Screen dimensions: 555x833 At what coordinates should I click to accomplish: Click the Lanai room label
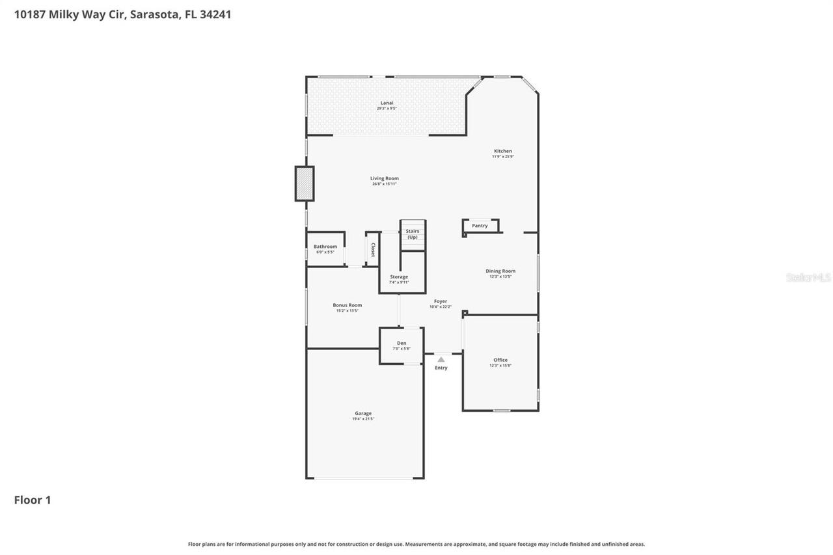point(387,103)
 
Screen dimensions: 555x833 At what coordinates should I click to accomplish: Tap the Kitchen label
point(502,152)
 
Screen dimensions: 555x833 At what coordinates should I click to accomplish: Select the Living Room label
point(385,178)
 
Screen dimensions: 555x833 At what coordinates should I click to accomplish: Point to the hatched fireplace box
point(304,183)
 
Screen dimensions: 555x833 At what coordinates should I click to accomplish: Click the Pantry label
point(480,226)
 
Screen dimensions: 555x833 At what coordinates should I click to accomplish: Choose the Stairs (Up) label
point(413,234)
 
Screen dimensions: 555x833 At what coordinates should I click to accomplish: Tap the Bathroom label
point(325,247)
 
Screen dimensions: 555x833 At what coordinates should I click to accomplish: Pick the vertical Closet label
point(373,250)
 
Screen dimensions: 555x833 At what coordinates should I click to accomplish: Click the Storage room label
point(399,277)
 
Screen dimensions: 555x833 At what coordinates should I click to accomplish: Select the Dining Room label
point(500,271)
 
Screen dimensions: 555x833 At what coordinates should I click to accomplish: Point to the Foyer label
point(441,301)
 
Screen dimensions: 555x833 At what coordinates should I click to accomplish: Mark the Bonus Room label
point(347,305)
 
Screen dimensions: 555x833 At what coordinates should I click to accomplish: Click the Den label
point(402,343)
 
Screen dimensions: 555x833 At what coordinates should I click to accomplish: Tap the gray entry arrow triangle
point(441,359)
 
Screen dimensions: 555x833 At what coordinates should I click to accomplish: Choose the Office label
point(500,360)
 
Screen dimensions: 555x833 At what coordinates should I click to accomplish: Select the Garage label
point(363,413)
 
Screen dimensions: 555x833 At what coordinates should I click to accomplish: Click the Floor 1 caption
point(33,500)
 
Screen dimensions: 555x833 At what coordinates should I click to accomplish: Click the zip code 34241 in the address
point(215,14)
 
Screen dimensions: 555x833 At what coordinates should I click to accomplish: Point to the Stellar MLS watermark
point(808,277)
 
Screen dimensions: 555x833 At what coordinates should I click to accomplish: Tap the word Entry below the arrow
point(441,368)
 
